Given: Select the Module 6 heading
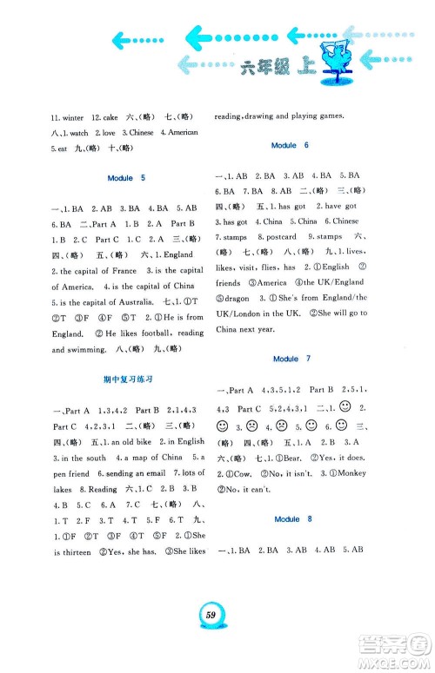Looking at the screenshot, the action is coord(284,144).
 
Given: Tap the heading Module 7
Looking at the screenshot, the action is coord(284,359).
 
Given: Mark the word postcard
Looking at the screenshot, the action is coord(283,237).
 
